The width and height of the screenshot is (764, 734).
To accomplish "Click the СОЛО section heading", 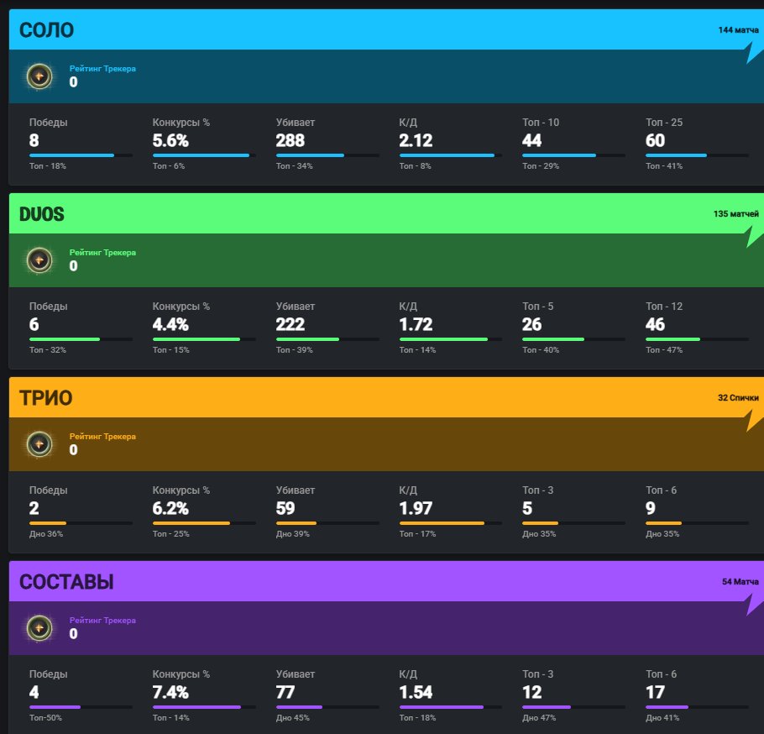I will (x=46, y=31).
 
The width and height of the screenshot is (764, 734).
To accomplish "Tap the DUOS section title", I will (x=41, y=215).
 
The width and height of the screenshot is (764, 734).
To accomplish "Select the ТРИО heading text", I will (x=45, y=399).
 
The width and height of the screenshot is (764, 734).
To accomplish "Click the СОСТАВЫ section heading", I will (x=66, y=582).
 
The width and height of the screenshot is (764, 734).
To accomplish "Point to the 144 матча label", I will (x=738, y=30).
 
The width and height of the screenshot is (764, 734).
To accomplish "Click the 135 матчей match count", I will (x=735, y=214).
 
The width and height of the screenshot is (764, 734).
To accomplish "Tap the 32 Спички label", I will (x=738, y=397).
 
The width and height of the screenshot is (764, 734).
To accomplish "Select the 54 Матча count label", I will (x=740, y=581).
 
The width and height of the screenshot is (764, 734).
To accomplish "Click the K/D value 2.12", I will (x=416, y=140).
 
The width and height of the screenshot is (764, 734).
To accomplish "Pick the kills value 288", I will (x=290, y=140).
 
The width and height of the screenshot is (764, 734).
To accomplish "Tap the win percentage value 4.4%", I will (x=170, y=324).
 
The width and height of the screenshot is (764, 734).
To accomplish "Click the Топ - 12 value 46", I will (x=655, y=324).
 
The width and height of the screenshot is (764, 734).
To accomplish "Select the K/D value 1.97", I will (x=416, y=508).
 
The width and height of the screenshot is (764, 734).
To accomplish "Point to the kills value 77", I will (x=285, y=692).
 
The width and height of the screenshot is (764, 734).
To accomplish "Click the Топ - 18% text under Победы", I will (x=47, y=166).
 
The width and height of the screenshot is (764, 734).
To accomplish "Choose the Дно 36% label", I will (x=45, y=534).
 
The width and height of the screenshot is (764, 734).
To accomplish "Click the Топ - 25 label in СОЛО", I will (x=663, y=123).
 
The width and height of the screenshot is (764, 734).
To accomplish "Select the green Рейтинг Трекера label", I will (x=102, y=252).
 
